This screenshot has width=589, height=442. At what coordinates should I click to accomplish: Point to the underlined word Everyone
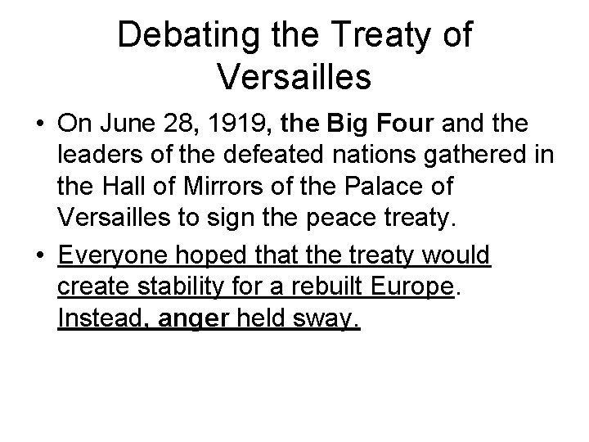(x=113, y=256)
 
